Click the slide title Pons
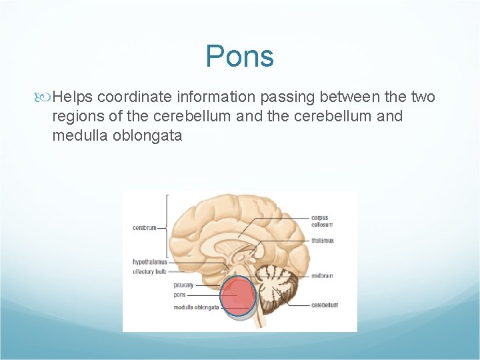point(240,56)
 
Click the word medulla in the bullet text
point(75,136)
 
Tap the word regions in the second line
point(77,117)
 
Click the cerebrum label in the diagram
point(144,227)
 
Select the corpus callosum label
point(320,221)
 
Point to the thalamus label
point(322,240)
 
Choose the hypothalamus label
point(149,262)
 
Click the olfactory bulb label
point(149,271)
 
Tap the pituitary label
point(183,285)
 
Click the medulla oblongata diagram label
point(196,307)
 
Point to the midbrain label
point(321,275)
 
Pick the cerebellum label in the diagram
point(324,305)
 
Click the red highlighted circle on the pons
point(237,296)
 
